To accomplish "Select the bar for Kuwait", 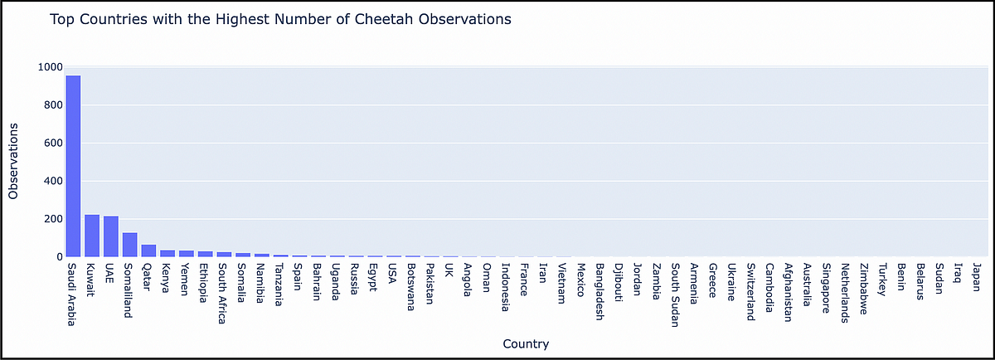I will [x=92, y=236].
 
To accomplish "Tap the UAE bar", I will [x=111, y=237].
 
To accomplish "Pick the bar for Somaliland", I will [x=130, y=246].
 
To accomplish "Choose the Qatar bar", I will [x=149, y=251].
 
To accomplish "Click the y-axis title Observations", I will [x=14, y=162].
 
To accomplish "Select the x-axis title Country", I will [x=525, y=343].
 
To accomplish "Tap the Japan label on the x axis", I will [x=976, y=277].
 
